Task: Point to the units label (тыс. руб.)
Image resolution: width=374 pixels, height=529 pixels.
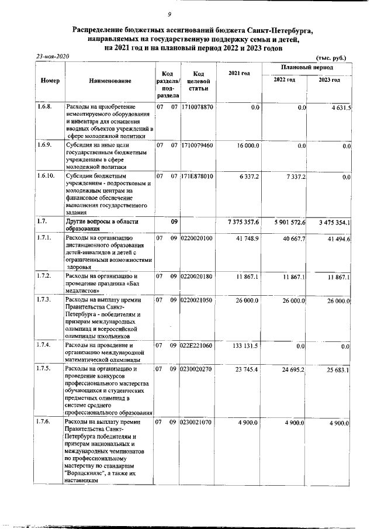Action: pos(331,58)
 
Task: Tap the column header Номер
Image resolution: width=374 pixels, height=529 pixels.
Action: pos(50,81)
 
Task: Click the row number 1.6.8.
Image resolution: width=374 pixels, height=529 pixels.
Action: pos(44,108)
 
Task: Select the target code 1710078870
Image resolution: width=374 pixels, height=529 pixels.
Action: pos(198,108)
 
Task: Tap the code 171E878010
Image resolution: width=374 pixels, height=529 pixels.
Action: pos(198,175)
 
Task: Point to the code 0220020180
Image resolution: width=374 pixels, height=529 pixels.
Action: pos(198,276)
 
